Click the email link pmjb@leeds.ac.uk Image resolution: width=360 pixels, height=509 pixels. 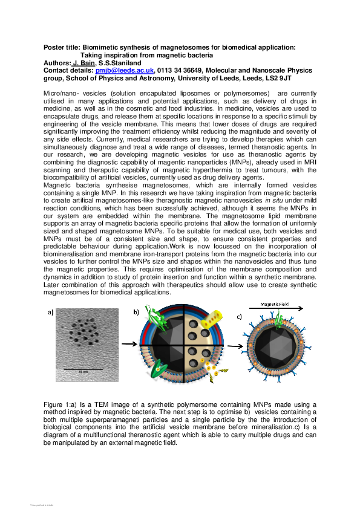tap(125, 70)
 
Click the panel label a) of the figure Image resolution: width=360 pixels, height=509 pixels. tap(52, 312)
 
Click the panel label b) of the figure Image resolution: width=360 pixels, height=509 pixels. tap(137, 312)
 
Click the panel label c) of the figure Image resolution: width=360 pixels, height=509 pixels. tap(240, 316)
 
